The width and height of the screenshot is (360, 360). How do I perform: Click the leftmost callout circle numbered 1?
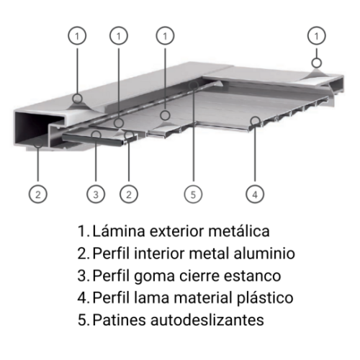tap(78, 35)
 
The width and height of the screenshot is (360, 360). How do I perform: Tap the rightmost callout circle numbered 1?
tap(315, 35)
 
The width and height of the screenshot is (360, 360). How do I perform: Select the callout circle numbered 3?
tap(95, 193)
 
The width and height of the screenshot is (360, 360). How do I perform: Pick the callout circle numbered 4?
tap(253, 193)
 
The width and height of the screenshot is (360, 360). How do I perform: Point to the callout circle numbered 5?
tap(191, 193)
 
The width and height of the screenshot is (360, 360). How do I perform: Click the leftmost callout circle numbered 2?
tap(37, 193)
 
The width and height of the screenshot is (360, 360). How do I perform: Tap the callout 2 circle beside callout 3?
tap(127, 193)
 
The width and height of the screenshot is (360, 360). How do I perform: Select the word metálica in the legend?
tap(238, 232)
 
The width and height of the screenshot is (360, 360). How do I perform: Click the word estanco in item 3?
tap(255, 275)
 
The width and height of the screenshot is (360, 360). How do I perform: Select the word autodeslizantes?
tap(207, 318)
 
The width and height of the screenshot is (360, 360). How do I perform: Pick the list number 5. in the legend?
tap(83, 318)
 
